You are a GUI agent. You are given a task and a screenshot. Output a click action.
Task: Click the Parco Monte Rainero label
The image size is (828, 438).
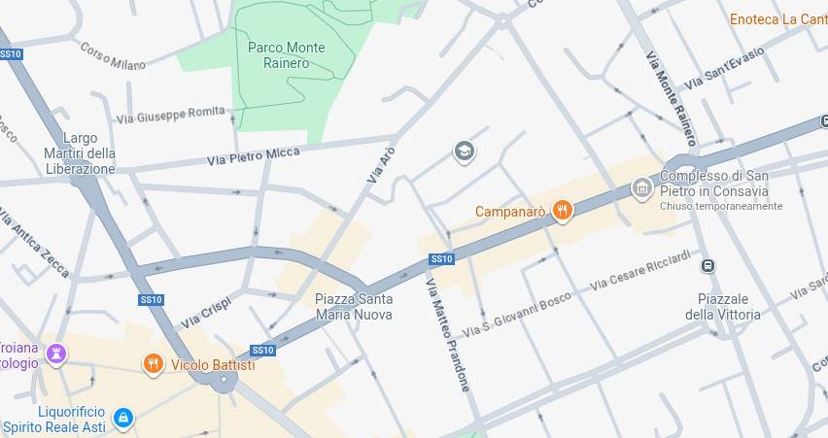click(286, 55)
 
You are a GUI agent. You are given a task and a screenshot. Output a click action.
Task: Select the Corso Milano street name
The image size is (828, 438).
click(113, 56)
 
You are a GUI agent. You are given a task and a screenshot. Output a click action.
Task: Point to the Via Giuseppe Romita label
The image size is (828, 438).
click(170, 115)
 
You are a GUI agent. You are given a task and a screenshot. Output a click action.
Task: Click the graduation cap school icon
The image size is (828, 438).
click(465, 151)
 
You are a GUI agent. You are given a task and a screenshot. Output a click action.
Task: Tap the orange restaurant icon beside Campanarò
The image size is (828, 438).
click(562, 210)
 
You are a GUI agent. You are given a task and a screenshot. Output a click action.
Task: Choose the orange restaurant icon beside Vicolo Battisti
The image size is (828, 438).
click(153, 364)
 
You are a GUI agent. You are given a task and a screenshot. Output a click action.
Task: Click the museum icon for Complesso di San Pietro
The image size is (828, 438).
click(641, 187)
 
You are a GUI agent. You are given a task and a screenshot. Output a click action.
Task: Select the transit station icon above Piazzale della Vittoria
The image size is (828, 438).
click(708, 266)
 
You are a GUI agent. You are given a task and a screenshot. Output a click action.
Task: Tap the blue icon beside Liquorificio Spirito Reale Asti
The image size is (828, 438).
click(122, 419)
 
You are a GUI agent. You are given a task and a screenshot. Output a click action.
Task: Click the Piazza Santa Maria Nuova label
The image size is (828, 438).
click(354, 307)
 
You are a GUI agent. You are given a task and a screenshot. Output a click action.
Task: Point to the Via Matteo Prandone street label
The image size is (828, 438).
click(448, 334)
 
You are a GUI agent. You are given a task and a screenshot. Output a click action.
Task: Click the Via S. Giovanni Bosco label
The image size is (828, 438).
click(516, 315)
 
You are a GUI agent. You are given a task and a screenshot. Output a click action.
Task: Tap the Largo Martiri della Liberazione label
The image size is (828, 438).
click(80, 153)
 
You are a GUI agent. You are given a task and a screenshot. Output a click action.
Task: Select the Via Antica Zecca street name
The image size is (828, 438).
click(34, 243)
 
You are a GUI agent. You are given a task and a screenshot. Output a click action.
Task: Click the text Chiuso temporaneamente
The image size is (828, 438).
click(720, 206)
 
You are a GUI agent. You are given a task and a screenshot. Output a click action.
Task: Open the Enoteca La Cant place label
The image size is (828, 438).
click(777, 19)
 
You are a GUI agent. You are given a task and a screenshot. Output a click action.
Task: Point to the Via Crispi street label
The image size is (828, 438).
click(205, 312)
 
